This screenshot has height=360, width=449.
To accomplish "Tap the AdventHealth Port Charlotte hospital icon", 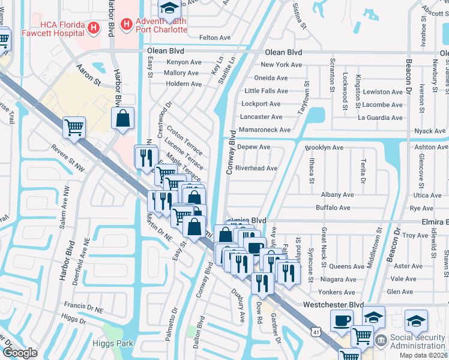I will point(126,25).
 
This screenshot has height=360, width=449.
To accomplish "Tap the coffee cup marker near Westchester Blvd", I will point(342,320).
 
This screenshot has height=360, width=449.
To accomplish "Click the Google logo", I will point(20,353).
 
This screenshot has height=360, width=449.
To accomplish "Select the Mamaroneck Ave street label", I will point(264,130).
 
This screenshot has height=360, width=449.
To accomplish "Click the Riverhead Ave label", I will point(256,169).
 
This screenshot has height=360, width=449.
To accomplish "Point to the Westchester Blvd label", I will point(334,305).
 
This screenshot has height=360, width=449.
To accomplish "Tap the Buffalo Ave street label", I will point(333,208).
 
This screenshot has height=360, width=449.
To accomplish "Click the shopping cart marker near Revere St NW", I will point(74,127).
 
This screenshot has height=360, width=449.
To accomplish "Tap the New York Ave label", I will point(281,65).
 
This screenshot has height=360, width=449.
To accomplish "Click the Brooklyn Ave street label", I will point(324,147).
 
